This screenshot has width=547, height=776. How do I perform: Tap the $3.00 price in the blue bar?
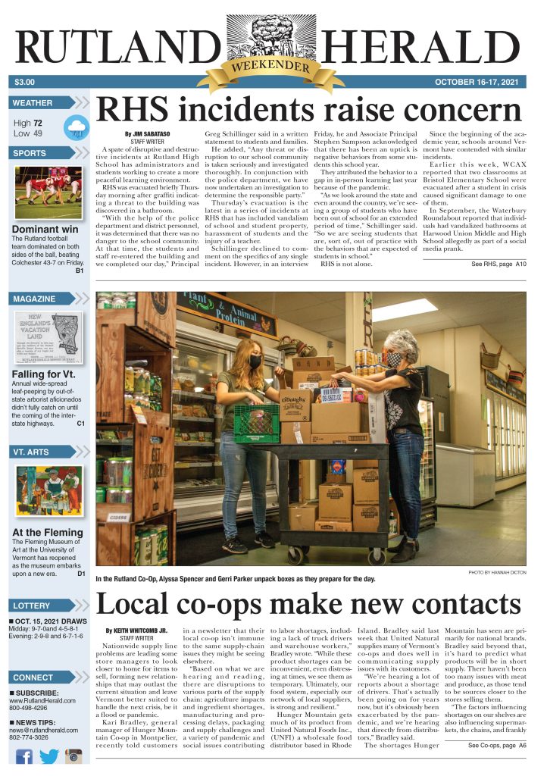[25, 82]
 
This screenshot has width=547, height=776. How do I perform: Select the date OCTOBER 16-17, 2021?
[480, 82]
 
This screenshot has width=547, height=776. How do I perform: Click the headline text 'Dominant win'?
[45, 230]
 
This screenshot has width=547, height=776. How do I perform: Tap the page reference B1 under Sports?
[79, 271]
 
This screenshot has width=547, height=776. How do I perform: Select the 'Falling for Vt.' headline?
[43, 374]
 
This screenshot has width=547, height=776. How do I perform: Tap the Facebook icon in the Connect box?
[24, 756]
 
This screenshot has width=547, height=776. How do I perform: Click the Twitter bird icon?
[48, 756]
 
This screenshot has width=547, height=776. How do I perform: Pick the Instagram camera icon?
[73, 756]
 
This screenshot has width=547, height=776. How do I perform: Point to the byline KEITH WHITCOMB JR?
[140, 630]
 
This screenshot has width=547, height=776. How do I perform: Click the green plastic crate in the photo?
[256, 422]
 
